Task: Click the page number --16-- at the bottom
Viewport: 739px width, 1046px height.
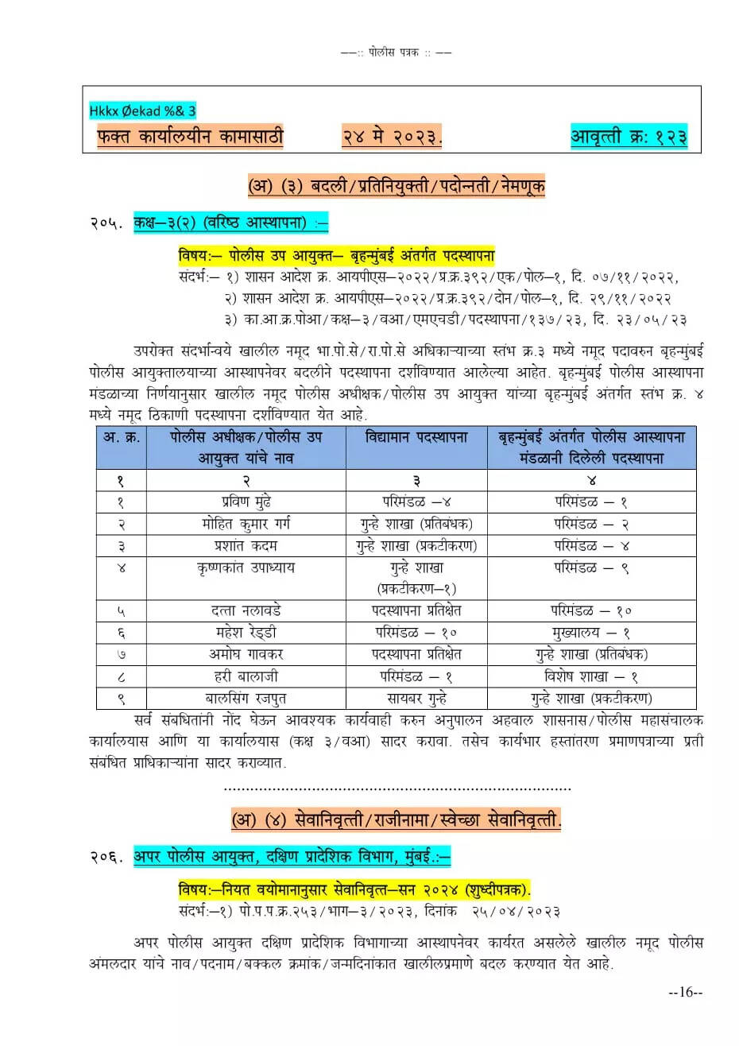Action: (x=686, y=992)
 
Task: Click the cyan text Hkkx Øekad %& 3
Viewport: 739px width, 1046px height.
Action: (x=143, y=111)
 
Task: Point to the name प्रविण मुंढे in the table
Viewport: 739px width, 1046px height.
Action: (x=246, y=502)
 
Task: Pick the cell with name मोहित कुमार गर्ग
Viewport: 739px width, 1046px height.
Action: (x=246, y=525)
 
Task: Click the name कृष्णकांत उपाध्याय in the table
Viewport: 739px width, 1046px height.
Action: (x=246, y=568)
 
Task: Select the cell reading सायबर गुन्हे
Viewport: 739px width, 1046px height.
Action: (x=416, y=699)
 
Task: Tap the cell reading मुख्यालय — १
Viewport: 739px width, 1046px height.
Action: (x=591, y=633)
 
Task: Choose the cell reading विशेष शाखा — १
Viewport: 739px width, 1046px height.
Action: (x=591, y=676)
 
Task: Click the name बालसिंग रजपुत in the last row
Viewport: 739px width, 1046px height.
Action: (x=246, y=699)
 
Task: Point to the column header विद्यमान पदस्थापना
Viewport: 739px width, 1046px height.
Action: (x=416, y=437)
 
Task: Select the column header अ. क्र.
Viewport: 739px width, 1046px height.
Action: (x=122, y=437)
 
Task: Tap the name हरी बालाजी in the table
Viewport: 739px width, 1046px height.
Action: (x=246, y=676)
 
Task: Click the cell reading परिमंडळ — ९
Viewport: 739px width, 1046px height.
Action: (x=591, y=568)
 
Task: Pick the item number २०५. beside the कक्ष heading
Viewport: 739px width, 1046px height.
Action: (x=106, y=223)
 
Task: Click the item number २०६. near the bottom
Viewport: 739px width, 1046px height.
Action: (x=106, y=857)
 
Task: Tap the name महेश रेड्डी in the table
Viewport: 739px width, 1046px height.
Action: (x=246, y=633)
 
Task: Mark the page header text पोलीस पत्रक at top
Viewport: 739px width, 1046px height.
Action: (x=396, y=52)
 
